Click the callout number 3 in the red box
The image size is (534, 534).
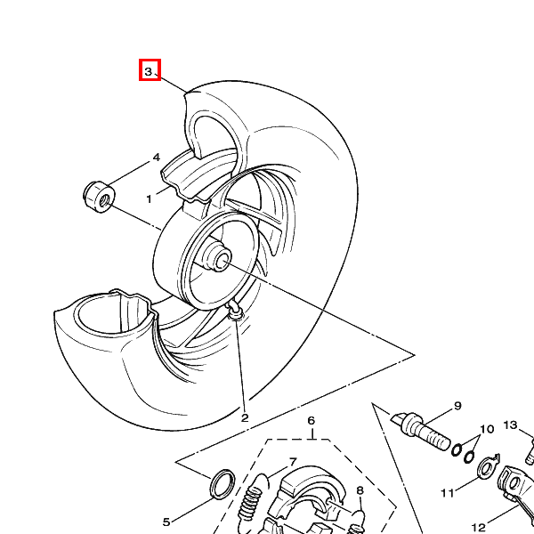click(148, 72)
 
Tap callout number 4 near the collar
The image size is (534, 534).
click(157, 158)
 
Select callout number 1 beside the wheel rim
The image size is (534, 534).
click(149, 199)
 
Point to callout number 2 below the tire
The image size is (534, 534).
click(245, 418)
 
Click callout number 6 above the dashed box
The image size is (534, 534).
click(311, 421)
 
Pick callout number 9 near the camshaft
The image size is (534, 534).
click(457, 406)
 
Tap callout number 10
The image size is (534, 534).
click(487, 429)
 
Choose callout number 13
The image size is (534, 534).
click(511, 425)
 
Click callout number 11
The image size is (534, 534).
click(448, 493)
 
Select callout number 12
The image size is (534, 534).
click(479, 528)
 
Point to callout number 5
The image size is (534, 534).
click(166, 522)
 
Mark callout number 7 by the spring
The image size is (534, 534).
click(293, 462)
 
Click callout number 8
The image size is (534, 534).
click(360, 490)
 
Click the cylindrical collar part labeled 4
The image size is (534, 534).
click(99, 198)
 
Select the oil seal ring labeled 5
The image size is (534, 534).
click(222, 483)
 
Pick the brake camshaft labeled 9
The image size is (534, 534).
click(421, 431)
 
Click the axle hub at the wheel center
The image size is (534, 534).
click(218, 256)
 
